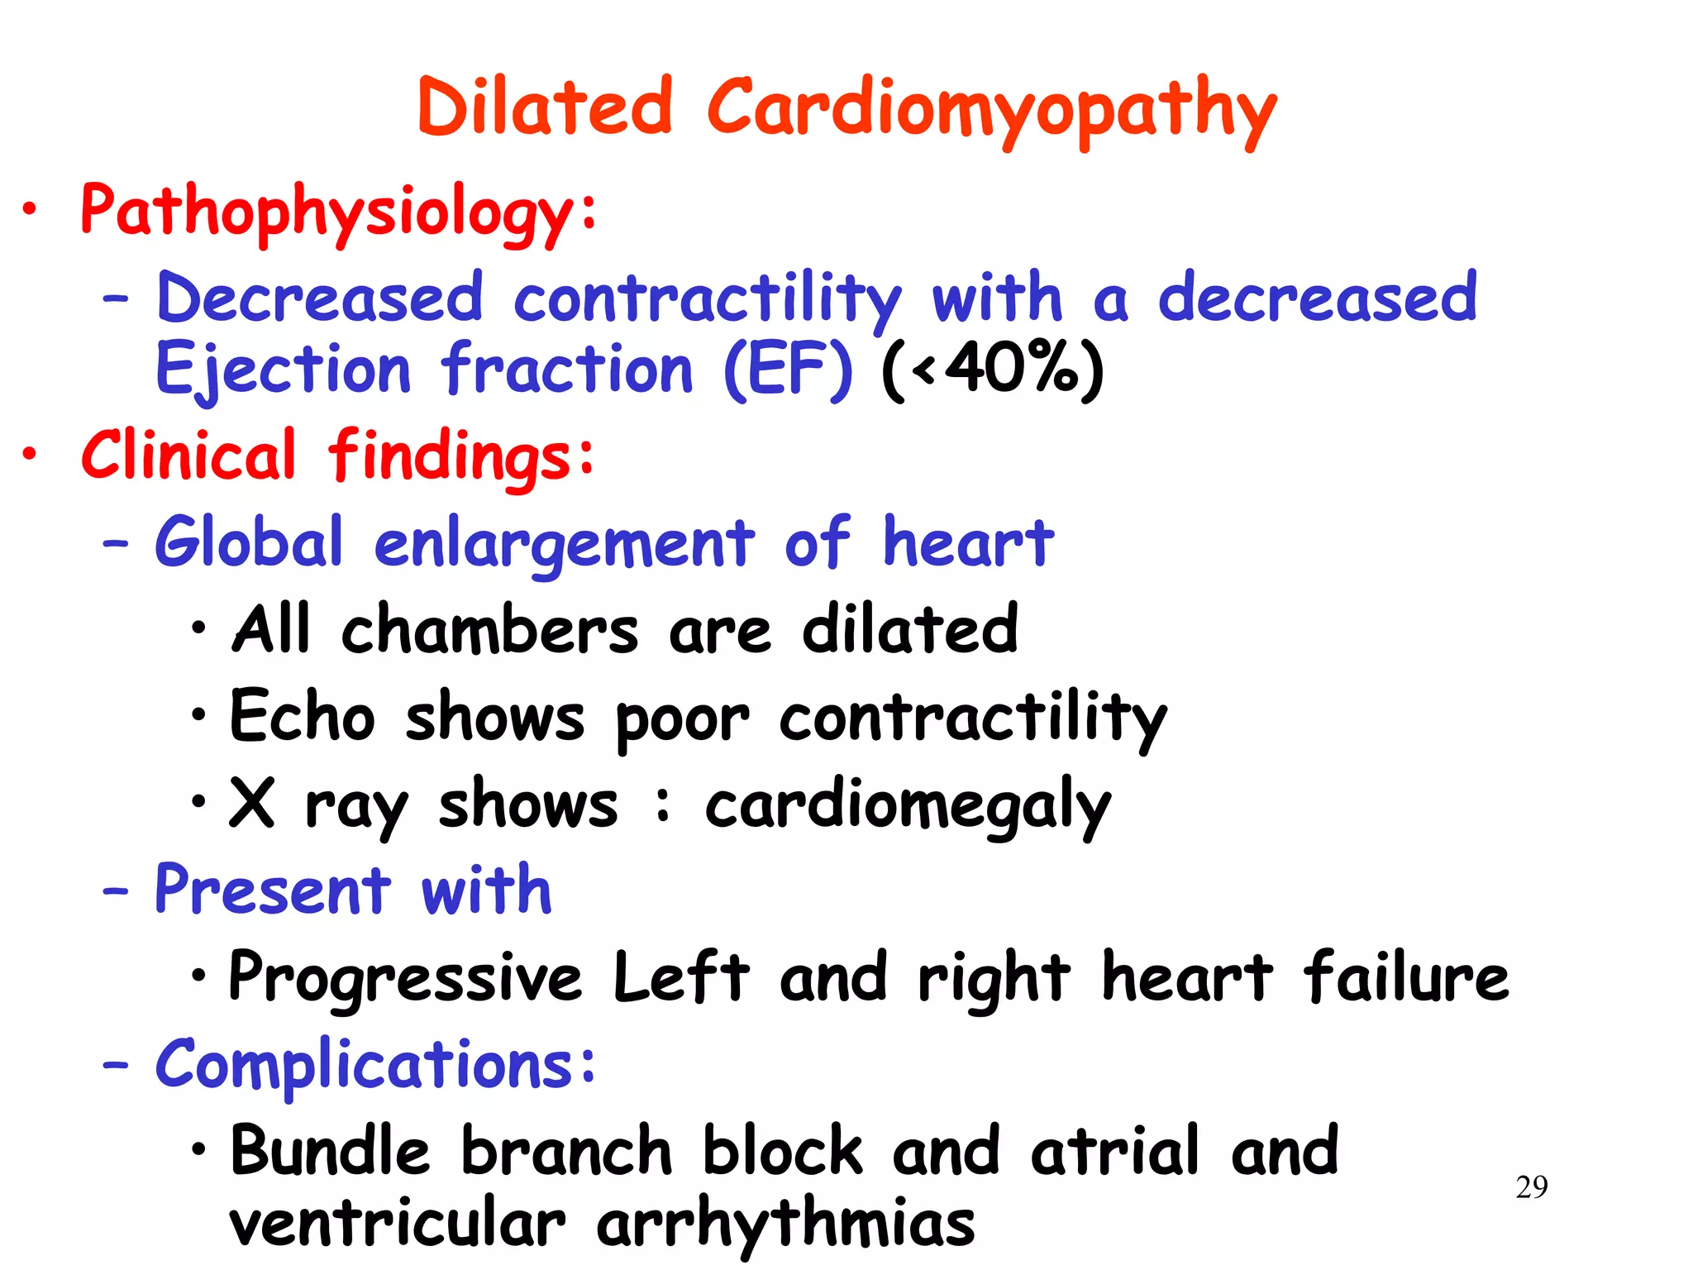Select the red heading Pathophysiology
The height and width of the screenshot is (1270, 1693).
point(327,211)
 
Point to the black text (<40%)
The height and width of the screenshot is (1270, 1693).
point(992,370)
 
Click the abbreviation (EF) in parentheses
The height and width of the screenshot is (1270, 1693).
point(787,370)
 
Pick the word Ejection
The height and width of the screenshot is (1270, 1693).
point(283,370)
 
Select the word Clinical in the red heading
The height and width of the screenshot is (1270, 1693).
point(188,455)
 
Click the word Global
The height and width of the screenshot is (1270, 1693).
point(249,542)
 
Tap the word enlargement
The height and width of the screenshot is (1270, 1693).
point(565,544)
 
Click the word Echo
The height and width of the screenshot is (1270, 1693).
point(303,716)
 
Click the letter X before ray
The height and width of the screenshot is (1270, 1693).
point(251,802)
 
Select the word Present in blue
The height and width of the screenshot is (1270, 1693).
point(273,890)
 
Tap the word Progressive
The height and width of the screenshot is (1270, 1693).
point(405,978)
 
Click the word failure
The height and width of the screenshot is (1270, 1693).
point(1405,976)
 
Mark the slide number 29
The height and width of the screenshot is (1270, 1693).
point(1531,1187)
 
